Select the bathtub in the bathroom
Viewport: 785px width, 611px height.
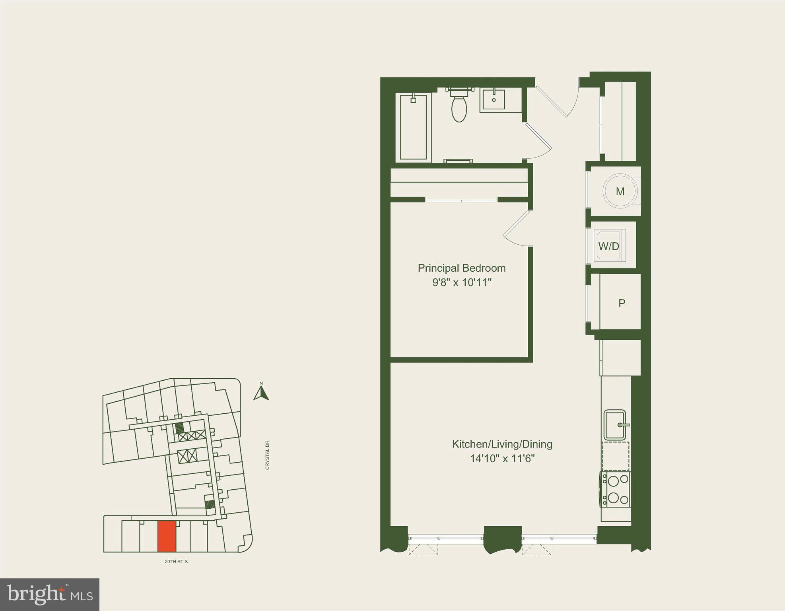[x=414, y=127]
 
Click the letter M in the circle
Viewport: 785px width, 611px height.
[x=620, y=192]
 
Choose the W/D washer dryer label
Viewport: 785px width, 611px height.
[x=608, y=246]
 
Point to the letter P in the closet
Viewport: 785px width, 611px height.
[x=622, y=304]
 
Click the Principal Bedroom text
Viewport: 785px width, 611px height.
[x=461, y=268]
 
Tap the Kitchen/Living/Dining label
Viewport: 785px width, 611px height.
[x=502, y=444]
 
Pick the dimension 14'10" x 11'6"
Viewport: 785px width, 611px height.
[x=502, y=459]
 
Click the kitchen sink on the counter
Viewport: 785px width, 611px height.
[x=615, y=425]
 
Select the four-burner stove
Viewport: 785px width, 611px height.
[x=616, y=489]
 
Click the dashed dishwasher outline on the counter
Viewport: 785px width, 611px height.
[x=616, y=456]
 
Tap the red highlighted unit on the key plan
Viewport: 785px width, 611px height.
[x=167, y=537]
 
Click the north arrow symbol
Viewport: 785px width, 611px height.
[x=261, y=393]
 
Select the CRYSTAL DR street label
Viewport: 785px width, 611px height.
[x=267, y=455]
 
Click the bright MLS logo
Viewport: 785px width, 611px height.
[x=50, y=595]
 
